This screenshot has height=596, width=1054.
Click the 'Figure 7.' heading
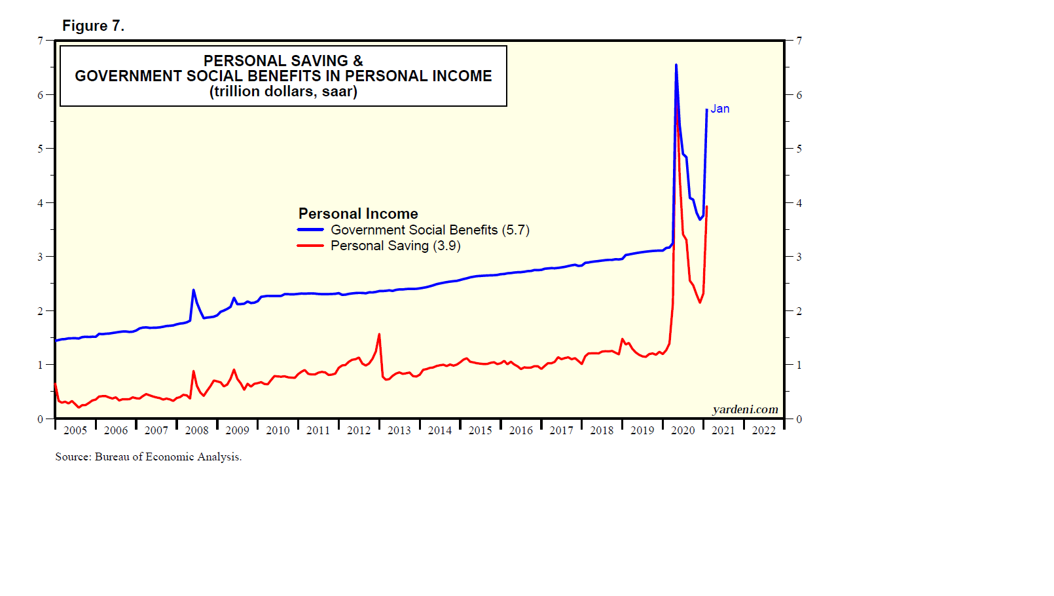pos(93,26)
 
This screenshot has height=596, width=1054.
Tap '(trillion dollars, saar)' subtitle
pos(283,92)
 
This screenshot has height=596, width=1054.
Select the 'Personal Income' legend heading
pos(358,214)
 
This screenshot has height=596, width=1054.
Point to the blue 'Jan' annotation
pos(720,109)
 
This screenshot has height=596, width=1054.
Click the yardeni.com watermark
pos(745,409)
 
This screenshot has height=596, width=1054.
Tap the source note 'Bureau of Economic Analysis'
pos(168,456)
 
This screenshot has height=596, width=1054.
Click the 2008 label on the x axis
pos(196,430)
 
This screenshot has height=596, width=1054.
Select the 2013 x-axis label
pos(399,430)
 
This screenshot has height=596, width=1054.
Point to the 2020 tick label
pos(683,430)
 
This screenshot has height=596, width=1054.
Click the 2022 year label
pos(763,430)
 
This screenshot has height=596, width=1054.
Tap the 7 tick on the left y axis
pos(41,41)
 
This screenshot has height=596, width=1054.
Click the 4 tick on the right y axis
pos(799,203)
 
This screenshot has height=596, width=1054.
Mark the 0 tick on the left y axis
pos(41,419)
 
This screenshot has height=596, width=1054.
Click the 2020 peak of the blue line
pos(676,65)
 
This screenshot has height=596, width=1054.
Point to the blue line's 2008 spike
pos(193,290)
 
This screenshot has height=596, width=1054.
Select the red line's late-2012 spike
pos(379,335)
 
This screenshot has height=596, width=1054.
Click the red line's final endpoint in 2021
pos(707,207)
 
